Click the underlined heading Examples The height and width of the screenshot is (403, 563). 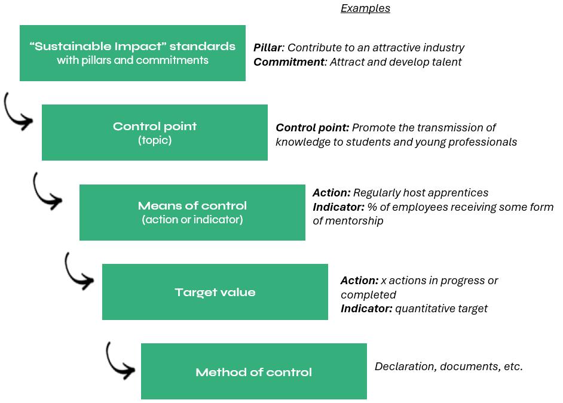(365, 8)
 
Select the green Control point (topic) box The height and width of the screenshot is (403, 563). (155, 133)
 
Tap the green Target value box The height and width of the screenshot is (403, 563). (215, 292)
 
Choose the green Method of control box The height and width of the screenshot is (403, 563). (254, 371)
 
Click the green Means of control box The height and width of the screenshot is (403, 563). (192, 213)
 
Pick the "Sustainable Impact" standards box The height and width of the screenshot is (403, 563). (133, 53)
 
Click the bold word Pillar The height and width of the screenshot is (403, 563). (268, 47)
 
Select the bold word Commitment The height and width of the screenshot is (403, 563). (289, 61)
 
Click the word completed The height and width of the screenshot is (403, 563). (368, 295)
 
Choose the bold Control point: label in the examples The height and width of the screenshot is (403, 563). (312, 128)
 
